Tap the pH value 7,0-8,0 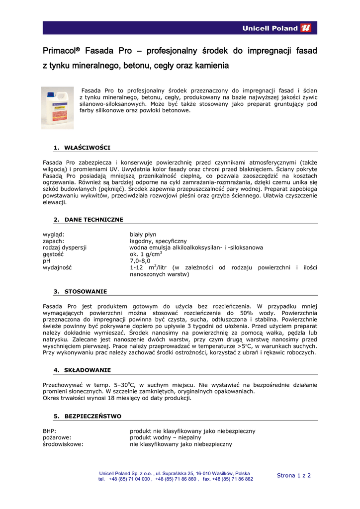pyautogui.click(x=140, y=260)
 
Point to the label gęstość pyautogui.click(x=54, y=254)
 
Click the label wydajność pyautogui.click(x=57, y=267)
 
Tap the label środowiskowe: pyautogui.click(x=63, y=444)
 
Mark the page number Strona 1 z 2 pyautogui.click(x=293, y=475)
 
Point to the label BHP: pyautogui.click(x=50, y=431)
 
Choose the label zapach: pyautogui.click(x=54, y=241)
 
